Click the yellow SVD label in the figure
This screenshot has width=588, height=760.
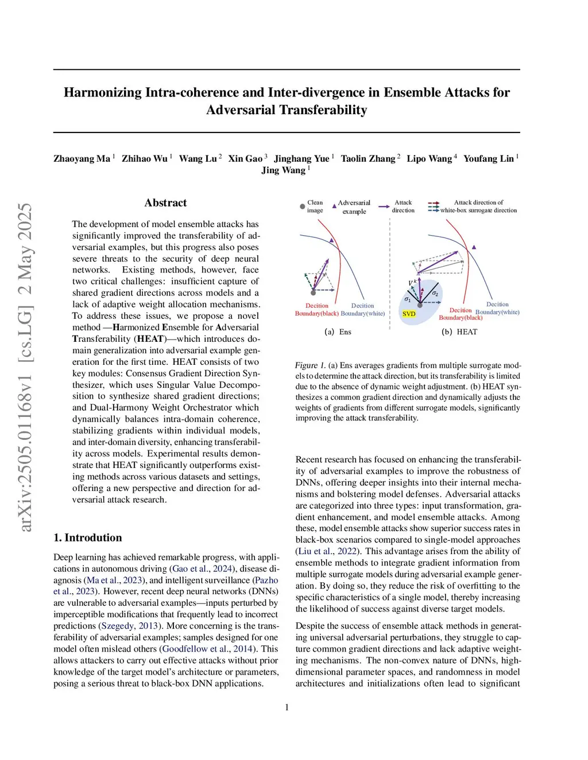pos(409,314)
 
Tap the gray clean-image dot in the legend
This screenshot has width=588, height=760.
pos(303,206)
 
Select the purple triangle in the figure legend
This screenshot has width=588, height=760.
pos(334,206)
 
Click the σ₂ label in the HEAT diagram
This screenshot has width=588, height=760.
pos(435,294)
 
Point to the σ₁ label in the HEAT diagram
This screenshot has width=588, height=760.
pos(407,299)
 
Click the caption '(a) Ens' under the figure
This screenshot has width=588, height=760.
pos(338,332)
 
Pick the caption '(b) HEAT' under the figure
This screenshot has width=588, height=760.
pos(459,332)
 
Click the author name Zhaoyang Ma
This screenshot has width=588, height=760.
pos(82,158)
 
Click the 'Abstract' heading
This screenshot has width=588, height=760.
pos(165,202)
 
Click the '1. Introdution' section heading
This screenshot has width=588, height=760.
pos(87,537)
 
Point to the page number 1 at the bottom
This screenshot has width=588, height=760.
pos(287,707)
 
